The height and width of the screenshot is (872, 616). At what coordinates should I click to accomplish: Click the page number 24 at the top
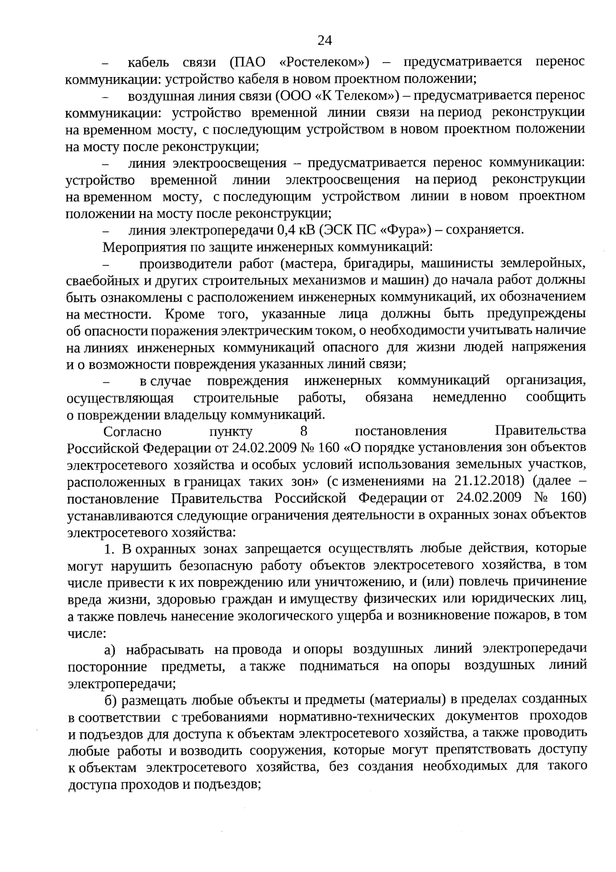pyautogui.click(x=325, y=40)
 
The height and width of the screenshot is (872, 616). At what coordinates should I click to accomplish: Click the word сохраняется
pyautogui.click(x=485, y=230)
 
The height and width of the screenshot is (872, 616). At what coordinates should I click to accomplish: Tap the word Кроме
pyautogui.click(x=185, y=314)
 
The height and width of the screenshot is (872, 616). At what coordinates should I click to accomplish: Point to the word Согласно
pyautogui.click(x=132, y=431)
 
